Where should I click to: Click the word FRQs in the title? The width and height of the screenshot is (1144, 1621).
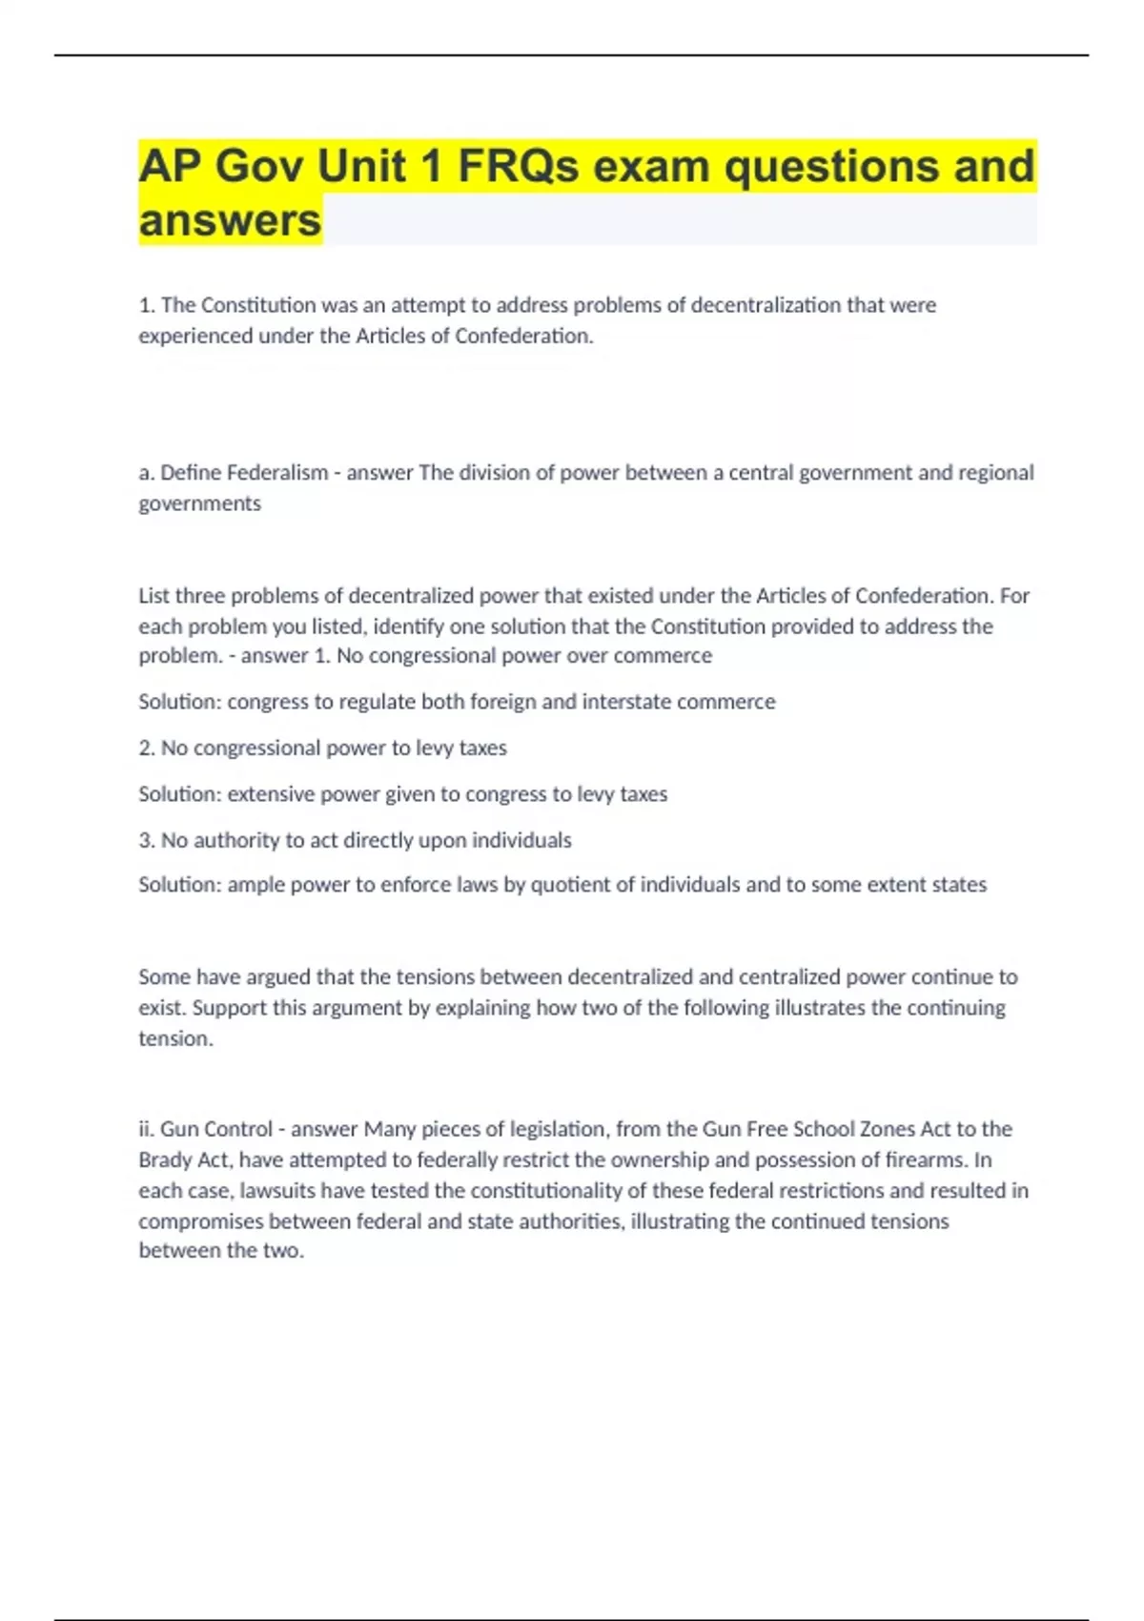517,167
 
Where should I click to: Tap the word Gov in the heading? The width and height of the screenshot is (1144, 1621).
258,167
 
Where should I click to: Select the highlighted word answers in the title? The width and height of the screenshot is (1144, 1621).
230,221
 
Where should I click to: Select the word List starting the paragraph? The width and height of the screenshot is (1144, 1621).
153,596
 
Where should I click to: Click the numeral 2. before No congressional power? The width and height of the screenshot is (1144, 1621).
147,748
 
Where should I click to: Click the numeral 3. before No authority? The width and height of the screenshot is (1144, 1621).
147,840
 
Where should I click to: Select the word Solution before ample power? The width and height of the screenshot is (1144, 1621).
178,885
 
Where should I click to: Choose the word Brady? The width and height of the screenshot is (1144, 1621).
167,1160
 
